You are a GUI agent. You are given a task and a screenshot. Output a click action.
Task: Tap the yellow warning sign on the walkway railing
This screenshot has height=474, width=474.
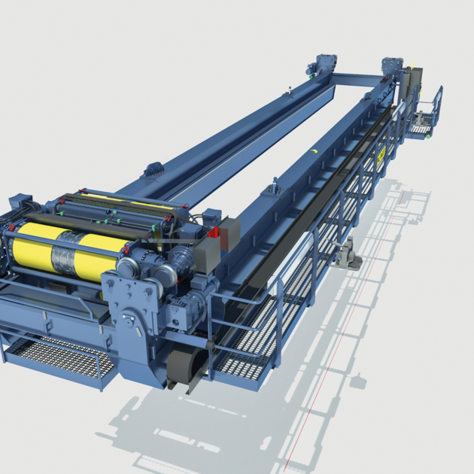coord(381,153)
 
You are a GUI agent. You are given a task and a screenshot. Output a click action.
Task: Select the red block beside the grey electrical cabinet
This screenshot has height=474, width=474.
coord(213,234)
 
